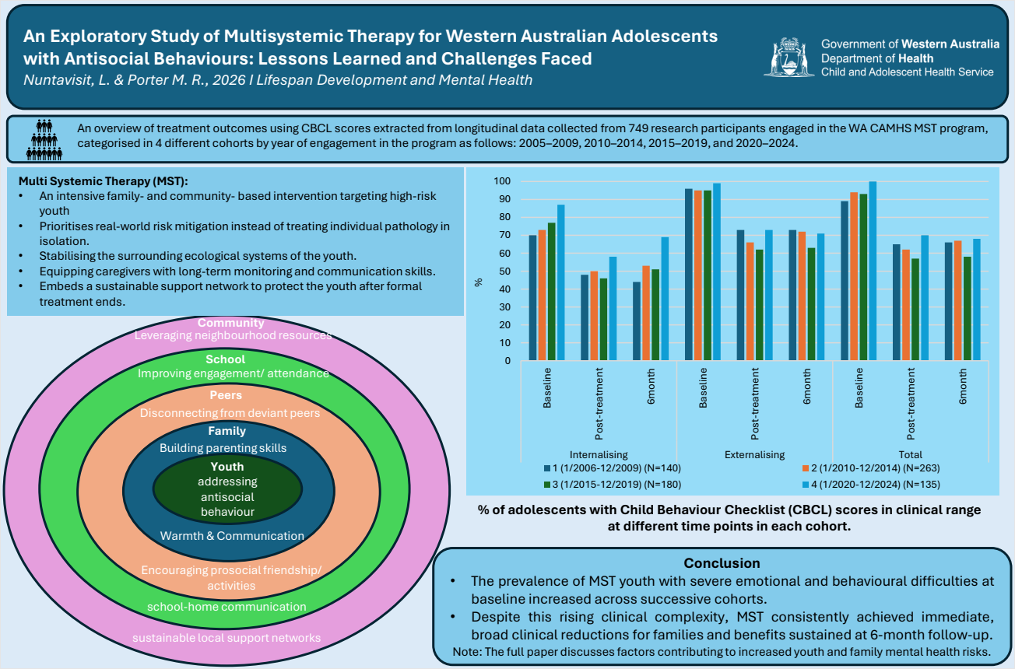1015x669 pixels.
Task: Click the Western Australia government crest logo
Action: pos(789,57)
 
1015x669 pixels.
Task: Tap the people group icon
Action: pos(44,139)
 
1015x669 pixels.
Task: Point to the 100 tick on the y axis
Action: pos(502,181)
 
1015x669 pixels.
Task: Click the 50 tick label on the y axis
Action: pos(505,271)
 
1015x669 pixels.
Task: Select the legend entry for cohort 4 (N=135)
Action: pos(870,484)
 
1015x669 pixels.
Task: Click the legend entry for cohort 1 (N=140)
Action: pos(613,468)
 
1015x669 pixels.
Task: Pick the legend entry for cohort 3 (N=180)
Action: pos(613,484)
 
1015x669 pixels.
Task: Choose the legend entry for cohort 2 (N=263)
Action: pos(870,468)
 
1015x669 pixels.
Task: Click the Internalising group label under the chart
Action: pos(599,454)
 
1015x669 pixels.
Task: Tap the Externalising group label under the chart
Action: pos(754,454)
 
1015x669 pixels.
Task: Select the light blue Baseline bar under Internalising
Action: pos(561,282)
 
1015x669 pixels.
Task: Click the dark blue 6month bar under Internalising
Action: pos(637,321)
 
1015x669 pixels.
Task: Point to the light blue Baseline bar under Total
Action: pos(873,271)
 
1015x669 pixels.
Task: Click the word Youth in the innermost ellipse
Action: pos(227,467)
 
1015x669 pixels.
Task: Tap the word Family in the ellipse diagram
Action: pos(227,431)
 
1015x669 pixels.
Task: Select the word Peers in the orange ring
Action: pos(226,395)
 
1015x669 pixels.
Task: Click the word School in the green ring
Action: pos(225,359)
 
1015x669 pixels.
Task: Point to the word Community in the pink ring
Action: pos(230,323)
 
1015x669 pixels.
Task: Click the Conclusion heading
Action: pos(722,563)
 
